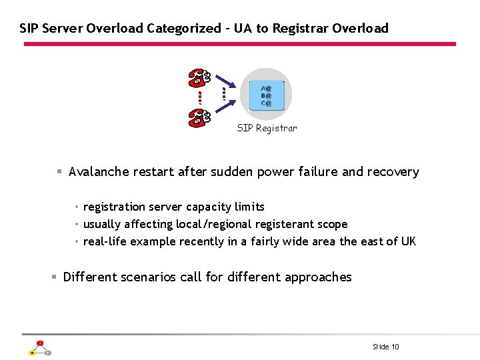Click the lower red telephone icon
click(x=199, y=117)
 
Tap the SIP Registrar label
click(x=267, y=128)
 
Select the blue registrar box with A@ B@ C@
click(x=267, y=95)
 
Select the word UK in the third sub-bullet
click(x=408, y=241)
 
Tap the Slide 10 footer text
click(x=386, y=347)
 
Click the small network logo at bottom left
click(x=39, y=349)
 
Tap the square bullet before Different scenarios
click(x=55, y=277)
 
